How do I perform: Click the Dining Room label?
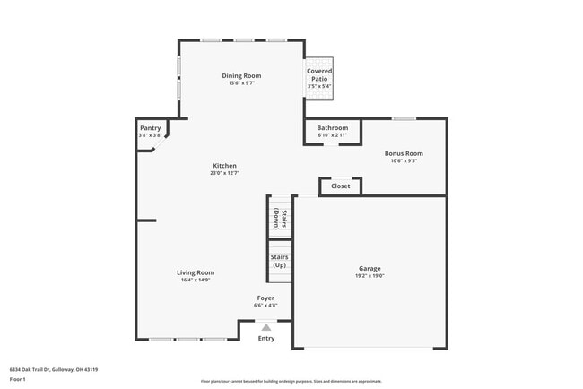point(241,75)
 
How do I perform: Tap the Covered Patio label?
point(319,74)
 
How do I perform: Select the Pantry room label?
point(150,128)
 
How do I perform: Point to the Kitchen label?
point(224,166)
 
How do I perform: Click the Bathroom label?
point(333,128)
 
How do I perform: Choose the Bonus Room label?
point(404,153)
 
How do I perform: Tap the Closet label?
point(341,186)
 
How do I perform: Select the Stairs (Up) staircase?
point(280,262)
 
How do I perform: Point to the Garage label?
point(370,269)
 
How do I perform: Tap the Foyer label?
point(265,298)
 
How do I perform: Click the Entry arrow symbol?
point(265,327)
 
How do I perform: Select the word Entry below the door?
point(266,338)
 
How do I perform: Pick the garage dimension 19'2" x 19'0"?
point(370,276)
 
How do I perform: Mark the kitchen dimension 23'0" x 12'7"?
point(224,173)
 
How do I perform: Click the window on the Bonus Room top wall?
point(404,118)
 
